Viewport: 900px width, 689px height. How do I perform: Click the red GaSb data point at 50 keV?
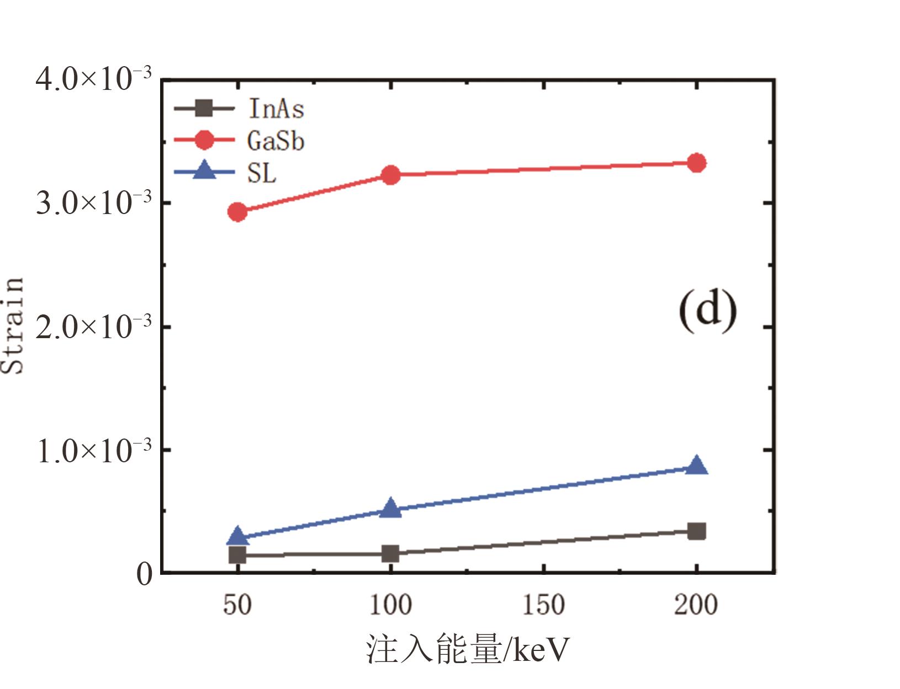coord(237,212)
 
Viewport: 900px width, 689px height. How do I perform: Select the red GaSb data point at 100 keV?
coord(390,175)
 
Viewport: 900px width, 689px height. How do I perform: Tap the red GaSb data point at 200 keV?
coord(697,163)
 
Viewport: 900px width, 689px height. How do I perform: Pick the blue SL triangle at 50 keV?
coord(237,536)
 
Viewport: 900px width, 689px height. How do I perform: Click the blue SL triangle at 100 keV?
coord(390,508)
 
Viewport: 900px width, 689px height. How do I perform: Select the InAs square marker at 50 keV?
coord(237,555)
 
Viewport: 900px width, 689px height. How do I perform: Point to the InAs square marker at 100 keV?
coord(390,553)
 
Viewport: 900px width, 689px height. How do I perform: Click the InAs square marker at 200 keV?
coord(697,531)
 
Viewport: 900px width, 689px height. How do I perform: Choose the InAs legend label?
coord(276,108)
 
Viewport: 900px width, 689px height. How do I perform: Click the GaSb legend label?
coord(276,141)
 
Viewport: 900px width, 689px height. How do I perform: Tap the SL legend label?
coord(262,174)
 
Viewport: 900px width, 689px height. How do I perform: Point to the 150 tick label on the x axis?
coord(543,605)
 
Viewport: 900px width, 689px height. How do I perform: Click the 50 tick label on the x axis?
coord(237,605)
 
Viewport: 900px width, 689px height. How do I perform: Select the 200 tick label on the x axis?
coord(696,605)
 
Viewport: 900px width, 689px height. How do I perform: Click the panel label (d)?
coord(707,311)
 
